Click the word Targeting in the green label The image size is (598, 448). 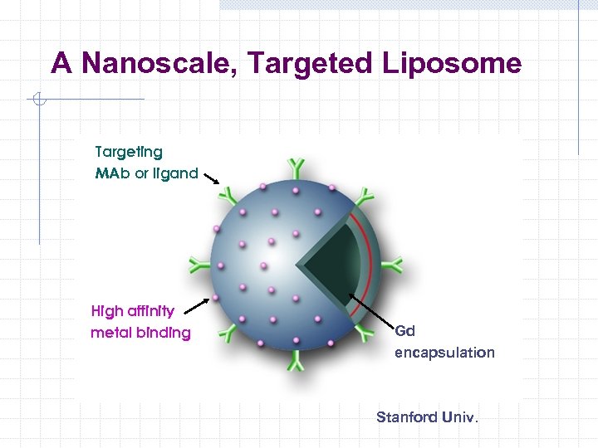129,153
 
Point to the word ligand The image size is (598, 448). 174,174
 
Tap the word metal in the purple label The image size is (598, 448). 109,334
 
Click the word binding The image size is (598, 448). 162,334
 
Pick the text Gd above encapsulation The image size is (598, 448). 404,331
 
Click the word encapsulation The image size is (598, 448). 444,353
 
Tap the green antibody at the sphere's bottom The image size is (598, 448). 297,362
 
